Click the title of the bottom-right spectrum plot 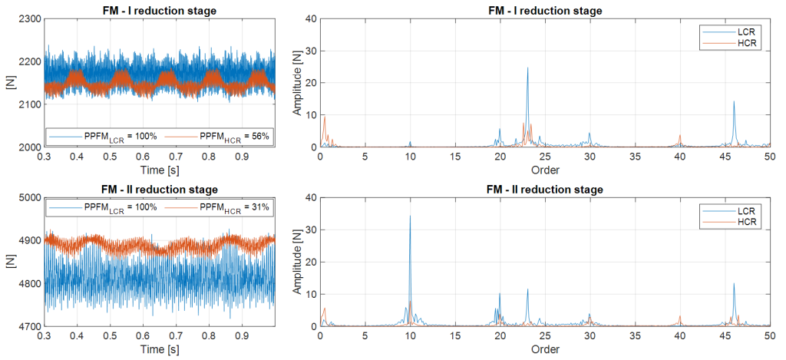pos(546,189)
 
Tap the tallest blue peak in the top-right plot pos(527,68)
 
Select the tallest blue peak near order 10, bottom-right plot pos(410,216)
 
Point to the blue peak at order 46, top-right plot pos(734,102)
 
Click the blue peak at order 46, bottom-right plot pos(734,284)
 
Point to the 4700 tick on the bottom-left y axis pos(27,326)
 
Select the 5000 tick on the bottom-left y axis pos(27,197)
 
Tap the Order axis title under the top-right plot pos(546,169)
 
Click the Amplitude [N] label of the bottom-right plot pos(297,262)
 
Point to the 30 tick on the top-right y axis pos(309,50)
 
